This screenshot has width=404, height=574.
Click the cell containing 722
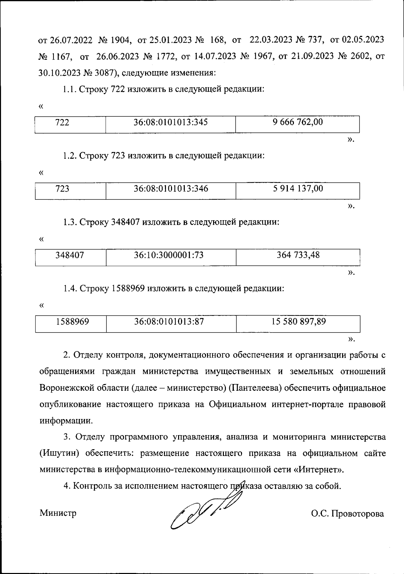(63, 123)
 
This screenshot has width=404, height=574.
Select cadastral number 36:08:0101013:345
(170, 122)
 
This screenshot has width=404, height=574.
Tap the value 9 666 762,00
(298, 122)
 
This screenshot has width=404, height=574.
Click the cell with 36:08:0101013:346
(171, 189)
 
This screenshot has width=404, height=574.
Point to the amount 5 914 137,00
(298, 189)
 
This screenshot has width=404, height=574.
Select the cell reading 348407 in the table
(70, 255)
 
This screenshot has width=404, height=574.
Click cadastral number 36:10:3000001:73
(169, 255)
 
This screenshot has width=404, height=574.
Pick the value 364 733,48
(298, 255)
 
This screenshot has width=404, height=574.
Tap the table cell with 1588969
(72, 322)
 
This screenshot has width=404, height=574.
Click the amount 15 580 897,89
(299, 322)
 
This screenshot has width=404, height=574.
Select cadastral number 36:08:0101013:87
(169, 322)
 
